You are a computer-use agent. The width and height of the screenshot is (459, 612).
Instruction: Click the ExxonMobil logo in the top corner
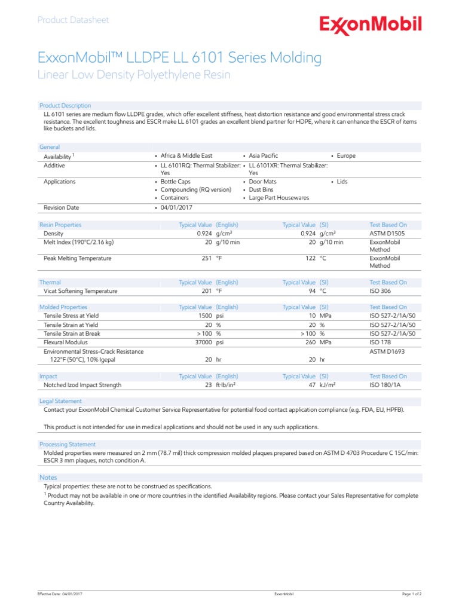(370, 25)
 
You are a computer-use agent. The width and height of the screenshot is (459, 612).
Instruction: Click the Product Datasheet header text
(73, 20)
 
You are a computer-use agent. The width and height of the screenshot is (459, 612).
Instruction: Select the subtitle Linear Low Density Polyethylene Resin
(133, 75)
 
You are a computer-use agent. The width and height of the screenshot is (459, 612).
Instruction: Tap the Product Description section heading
(65, 106)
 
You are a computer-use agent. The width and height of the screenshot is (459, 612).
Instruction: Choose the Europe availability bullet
(345, 156)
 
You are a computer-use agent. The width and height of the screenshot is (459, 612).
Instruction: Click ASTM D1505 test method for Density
(387, 234)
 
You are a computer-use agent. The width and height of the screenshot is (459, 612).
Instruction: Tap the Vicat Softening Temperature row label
(81, 291)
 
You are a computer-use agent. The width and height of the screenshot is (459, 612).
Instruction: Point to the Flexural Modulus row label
(66, 342)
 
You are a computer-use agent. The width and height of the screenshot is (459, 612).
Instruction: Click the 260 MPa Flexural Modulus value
(320, 342)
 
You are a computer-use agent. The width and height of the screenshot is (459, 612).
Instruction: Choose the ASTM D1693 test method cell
(387, 352)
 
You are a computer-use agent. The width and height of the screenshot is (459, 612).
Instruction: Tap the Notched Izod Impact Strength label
(82, 385)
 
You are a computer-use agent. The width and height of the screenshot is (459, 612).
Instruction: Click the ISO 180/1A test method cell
(386, 385)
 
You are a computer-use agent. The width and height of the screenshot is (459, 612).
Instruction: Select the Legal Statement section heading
(60, 401)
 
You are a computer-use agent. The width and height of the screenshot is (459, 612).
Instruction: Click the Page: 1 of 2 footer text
(412, 594)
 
